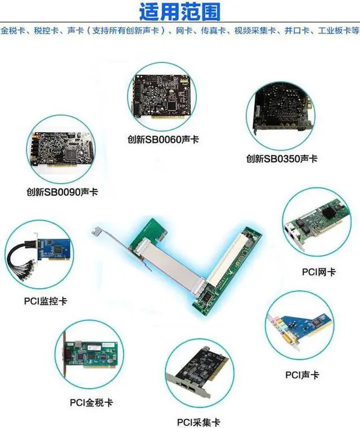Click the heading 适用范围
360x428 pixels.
(x=179, y=11)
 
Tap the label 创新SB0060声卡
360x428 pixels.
(x=163, y=138)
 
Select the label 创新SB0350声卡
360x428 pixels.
(x=281, y=159)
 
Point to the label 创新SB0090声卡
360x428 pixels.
(x=62, y=192)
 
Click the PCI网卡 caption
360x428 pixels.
(x=319, y=272)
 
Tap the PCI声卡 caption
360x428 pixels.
(x=303, y=374)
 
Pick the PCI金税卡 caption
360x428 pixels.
(x=91, y=403)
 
